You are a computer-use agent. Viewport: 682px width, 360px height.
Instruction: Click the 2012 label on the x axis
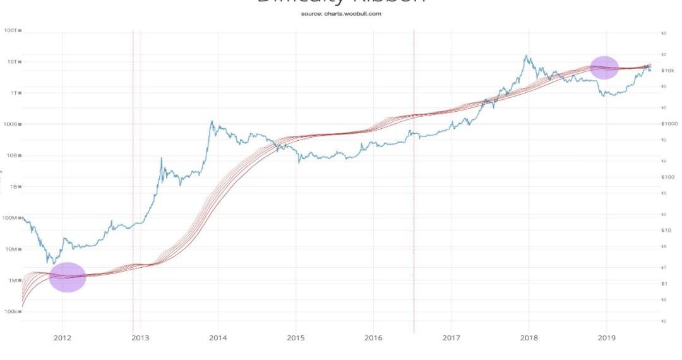(63, 339)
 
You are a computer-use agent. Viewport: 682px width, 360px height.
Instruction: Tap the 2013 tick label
(140, 339)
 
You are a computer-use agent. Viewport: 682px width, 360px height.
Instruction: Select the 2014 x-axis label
(218, 339)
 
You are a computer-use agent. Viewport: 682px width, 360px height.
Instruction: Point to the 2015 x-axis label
(296, 339)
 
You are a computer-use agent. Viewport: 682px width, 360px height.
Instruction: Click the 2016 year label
(373, 339)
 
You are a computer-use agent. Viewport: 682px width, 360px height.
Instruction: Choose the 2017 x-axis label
(451, 339)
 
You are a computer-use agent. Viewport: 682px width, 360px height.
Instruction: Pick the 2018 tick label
(529, 339)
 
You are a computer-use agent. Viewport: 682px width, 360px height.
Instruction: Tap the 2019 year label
(606, 339)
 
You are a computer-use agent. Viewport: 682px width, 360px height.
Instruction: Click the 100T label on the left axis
(11, 30)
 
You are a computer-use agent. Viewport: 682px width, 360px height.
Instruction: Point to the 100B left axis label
(11, 124)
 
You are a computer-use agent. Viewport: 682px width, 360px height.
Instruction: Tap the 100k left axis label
(11, 312)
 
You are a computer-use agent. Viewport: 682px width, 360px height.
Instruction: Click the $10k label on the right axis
(667, 70)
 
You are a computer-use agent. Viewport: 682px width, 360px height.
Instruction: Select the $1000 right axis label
(669, 124)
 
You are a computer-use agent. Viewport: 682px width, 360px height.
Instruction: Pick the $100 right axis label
(667, 177)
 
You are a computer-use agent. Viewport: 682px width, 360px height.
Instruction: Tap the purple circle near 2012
(67, 277)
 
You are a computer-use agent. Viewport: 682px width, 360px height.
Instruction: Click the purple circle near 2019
(604, 68)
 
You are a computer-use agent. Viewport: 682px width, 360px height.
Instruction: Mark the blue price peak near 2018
(525, 56)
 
